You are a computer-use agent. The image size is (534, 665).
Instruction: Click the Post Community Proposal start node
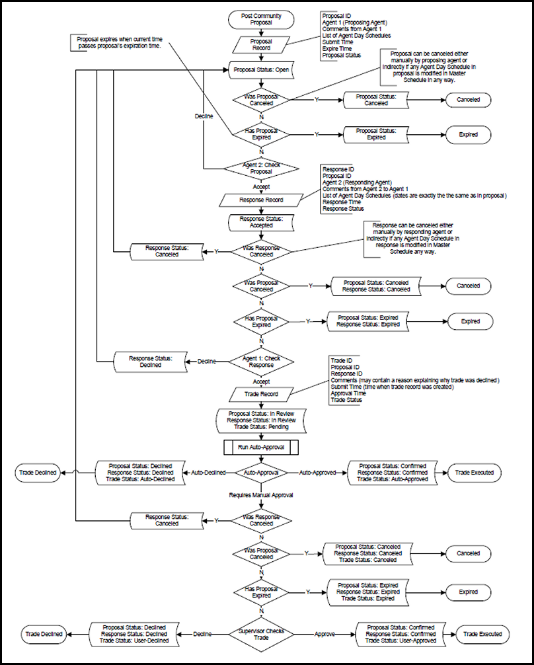262,20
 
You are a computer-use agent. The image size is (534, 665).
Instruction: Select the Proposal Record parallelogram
262,45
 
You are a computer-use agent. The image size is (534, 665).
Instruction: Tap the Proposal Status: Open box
262,69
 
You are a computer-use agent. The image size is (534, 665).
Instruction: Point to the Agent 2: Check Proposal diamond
262,167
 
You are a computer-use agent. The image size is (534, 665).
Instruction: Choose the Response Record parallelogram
262,198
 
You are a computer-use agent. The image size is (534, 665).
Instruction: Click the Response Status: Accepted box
262,222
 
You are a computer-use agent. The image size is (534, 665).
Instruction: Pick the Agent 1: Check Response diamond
262,361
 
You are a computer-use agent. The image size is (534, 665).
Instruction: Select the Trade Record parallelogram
262,394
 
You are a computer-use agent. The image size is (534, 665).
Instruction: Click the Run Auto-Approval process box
262,448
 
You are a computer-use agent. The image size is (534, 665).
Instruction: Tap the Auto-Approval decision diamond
262,473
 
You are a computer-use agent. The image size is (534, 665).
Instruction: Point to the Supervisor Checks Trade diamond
262,633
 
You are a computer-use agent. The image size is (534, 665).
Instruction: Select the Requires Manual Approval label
262,494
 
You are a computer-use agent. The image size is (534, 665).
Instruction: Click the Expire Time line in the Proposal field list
338,48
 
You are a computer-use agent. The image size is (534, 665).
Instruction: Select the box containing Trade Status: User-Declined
133,633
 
